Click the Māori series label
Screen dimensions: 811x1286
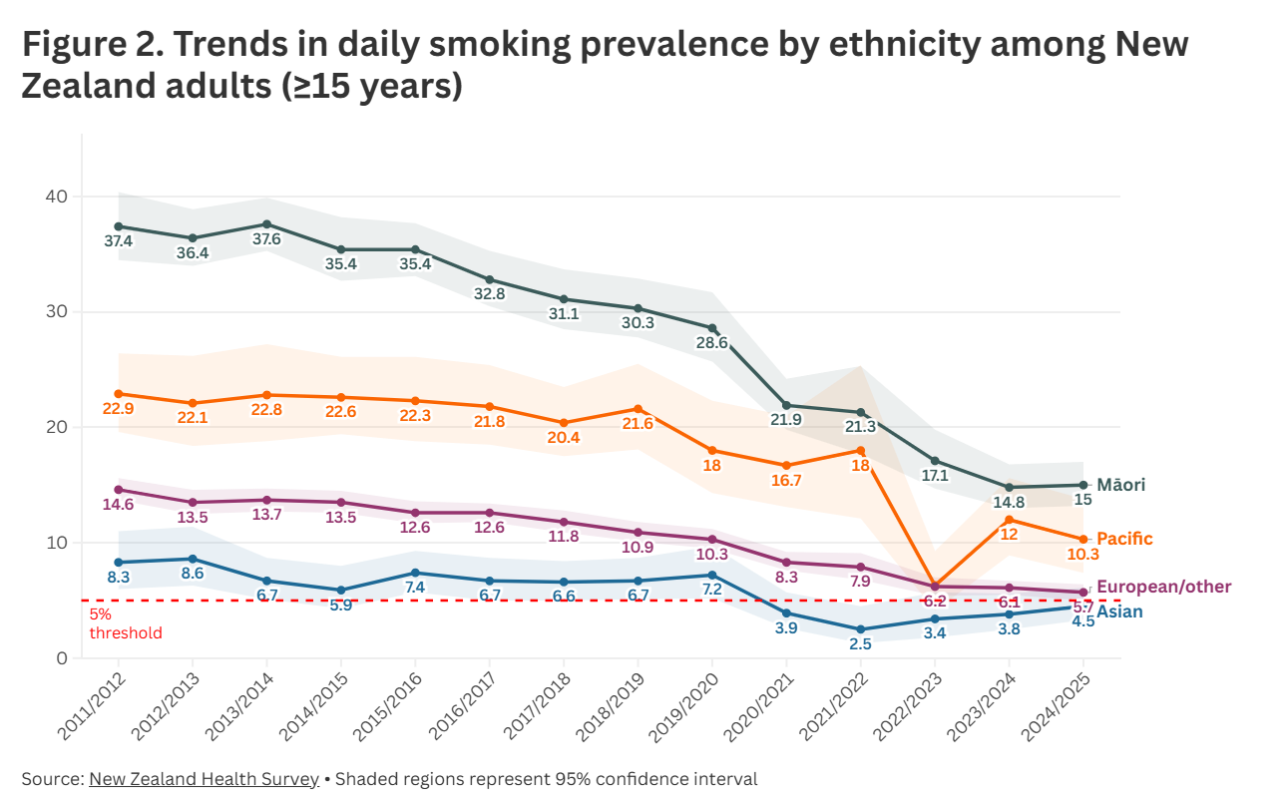[1120, 485]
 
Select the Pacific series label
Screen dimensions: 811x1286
[1124, 539]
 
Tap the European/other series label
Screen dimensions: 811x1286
[1163, 587]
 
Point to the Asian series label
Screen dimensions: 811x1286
[1119, 611]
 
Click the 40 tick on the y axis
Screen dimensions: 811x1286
[55, 197]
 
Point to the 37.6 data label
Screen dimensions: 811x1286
[266, 239]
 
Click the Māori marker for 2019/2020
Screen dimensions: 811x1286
[712, 328]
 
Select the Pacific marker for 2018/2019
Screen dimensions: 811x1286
[639, 409]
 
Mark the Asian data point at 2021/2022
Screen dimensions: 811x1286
[861, 629]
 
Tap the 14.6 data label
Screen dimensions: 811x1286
[118, 505]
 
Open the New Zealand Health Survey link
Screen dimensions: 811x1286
[204, 779]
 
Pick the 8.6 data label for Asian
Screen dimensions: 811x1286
[193, 575]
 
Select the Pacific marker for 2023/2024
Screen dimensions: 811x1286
[1010, 520]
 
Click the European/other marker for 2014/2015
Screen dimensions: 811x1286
[341, 503]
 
